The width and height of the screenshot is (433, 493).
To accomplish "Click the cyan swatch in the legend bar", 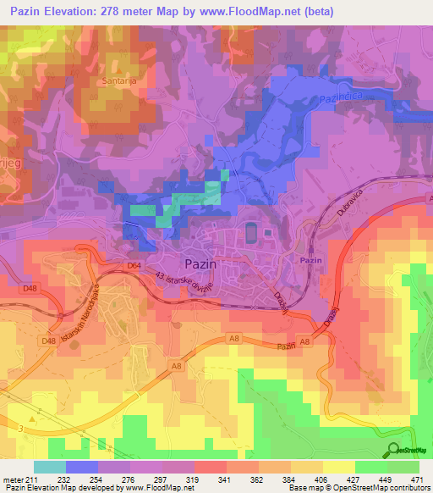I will tap(49, 466).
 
